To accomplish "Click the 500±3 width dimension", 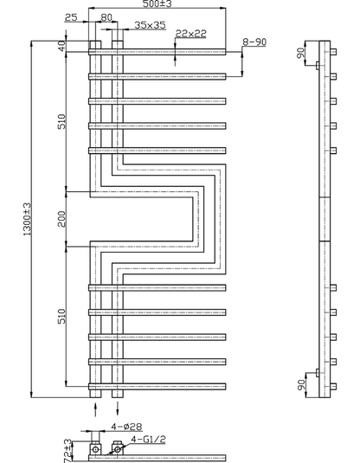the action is [157, 3].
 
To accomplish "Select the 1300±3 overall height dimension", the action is [27, 219].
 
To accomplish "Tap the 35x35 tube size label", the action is [150, 25].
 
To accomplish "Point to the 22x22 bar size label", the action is [190, 34].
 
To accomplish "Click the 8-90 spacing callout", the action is [254, 42].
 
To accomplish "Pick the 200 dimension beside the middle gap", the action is [61, 219].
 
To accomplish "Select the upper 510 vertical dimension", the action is [61, 121].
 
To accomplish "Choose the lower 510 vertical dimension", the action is [61, 316].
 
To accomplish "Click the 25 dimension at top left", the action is [71, 17].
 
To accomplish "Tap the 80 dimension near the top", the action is [106, 17].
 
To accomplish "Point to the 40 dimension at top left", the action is [61, 46].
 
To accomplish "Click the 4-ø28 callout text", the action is [126, 427].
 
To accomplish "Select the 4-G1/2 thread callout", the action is [148, 440].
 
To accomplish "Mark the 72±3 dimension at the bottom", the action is [67, 451].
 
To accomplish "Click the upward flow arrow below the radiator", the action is [95, 409].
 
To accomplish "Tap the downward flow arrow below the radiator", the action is [118, 409].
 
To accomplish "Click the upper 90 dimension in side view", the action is [300, 53].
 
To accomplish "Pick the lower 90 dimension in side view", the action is [300, 385].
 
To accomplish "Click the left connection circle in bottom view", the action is [95, 450].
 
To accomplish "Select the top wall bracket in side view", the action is [318, 65].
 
